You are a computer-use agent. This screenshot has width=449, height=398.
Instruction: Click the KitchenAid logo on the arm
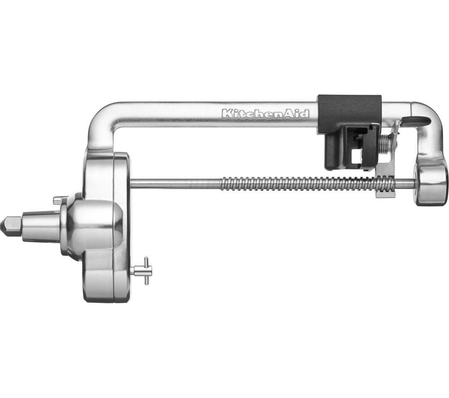point(266,114)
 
